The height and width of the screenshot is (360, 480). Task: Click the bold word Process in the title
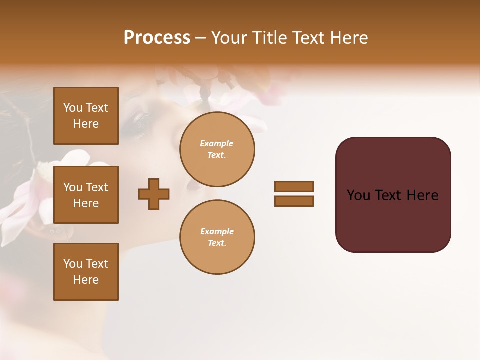(x=157, y=38)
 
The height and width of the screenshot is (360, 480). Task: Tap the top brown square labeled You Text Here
(x=86, y=116)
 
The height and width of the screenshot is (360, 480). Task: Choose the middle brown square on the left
(x=86, y=195)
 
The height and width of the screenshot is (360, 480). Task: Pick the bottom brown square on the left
(x=86, y=271)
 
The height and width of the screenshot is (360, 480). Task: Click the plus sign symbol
(x=154, y=194)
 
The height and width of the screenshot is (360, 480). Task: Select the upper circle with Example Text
(x=217, y=149)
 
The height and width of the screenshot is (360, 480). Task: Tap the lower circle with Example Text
(x=217, y=237)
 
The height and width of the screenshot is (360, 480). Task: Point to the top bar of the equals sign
(x=294, y=186)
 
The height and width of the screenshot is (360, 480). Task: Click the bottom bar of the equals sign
(x=294, y=201)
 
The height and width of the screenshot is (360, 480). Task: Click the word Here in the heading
(x=348, y=38)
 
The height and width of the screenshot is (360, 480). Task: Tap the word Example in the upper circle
(x=217, y=144)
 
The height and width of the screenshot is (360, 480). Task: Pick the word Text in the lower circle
(x=217, y=243)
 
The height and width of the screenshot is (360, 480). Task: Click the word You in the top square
(x=73, y=108)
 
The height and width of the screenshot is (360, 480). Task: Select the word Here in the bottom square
(x=86, y=280)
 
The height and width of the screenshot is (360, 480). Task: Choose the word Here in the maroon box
(x=422, y=195)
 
